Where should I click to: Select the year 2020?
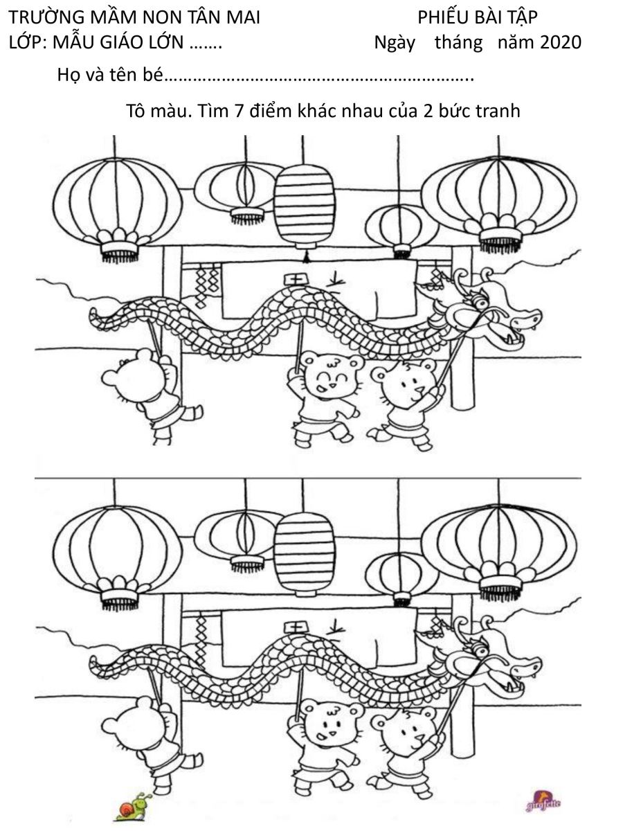560,42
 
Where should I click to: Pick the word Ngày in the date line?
395,42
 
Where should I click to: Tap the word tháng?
458,42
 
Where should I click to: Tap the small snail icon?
132,807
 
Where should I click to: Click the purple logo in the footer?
543,804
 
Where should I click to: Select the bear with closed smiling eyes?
325,377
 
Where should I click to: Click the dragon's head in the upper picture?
488,315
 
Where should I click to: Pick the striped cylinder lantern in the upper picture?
304,204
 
